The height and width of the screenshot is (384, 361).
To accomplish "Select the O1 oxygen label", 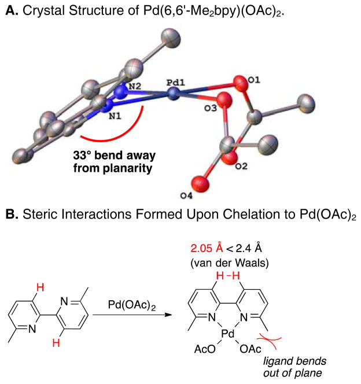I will (245, 75).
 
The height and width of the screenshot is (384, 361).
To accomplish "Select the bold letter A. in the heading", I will (12, 9).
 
